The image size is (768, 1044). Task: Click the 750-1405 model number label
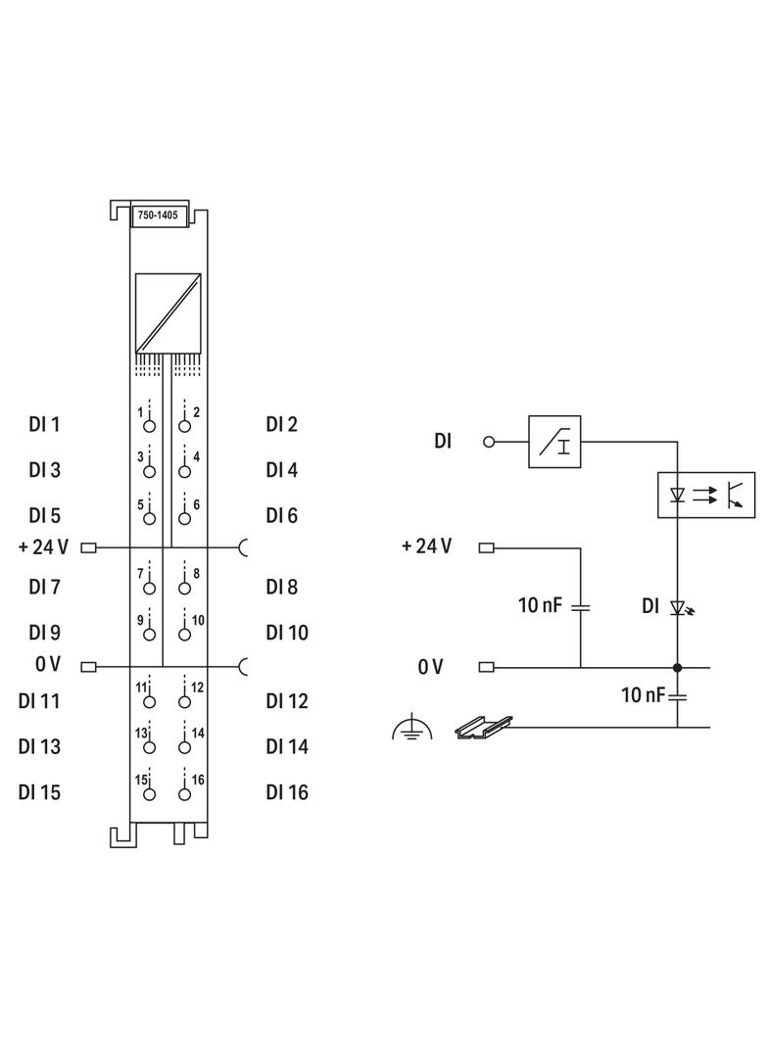click(x=157, y=214)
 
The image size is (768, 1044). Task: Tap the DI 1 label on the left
click(x=44, y=425)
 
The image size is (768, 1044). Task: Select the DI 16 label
click(x=286, y=791)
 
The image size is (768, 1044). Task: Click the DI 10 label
click(x=286, y=633)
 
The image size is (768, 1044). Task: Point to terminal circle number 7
click(x=149, y=589)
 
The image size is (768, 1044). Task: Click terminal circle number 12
click(x=184, y=702)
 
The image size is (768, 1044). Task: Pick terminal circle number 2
click(x=184, y=426)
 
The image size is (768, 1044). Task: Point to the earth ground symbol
click(x=411, y=728)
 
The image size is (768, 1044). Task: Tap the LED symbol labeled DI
click(x=677, y=607)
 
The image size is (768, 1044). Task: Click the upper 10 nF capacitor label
click(x=541, y=606)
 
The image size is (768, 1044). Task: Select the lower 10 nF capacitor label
click(x=643, y=695)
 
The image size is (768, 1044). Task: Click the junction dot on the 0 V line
click(x=677, y=667)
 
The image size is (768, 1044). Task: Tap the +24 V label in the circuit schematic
click(x=426, y=546)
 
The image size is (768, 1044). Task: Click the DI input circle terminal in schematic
click(x=489, y=441)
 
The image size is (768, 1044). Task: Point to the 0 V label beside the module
click(x=48, y=665)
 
